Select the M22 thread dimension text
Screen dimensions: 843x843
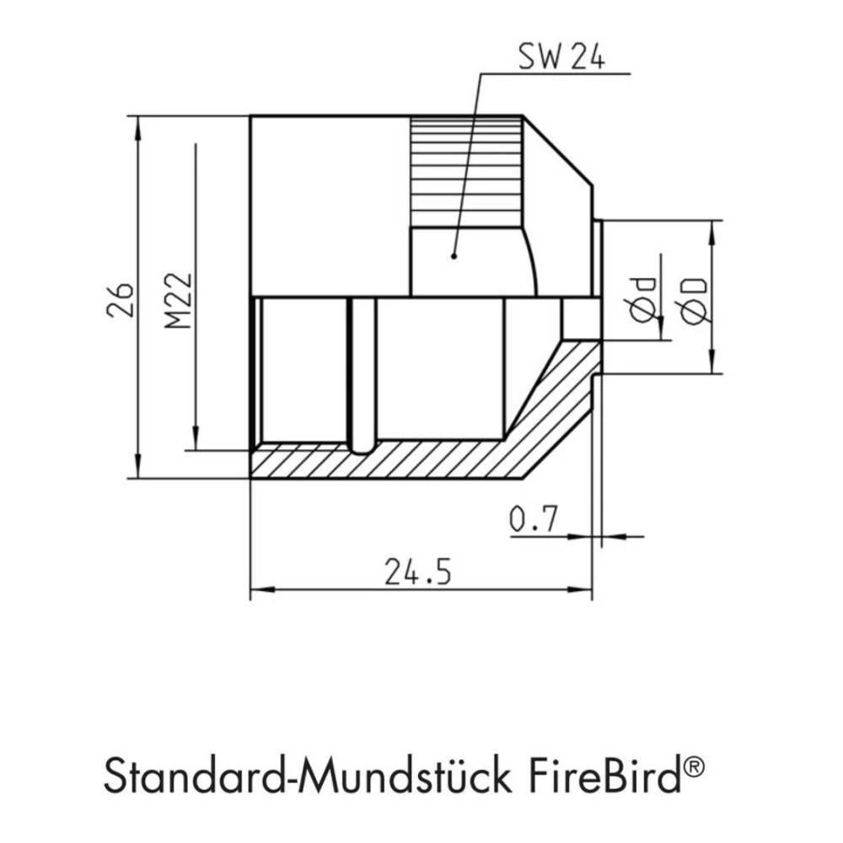pos(179,300)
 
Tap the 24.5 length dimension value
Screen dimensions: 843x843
pos(418,572)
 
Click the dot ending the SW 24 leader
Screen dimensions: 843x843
pos(454,255)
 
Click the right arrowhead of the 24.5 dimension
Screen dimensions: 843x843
pos(584,589)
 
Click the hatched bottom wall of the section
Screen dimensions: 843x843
pos(379,463)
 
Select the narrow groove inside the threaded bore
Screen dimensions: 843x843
pos(361,371)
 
